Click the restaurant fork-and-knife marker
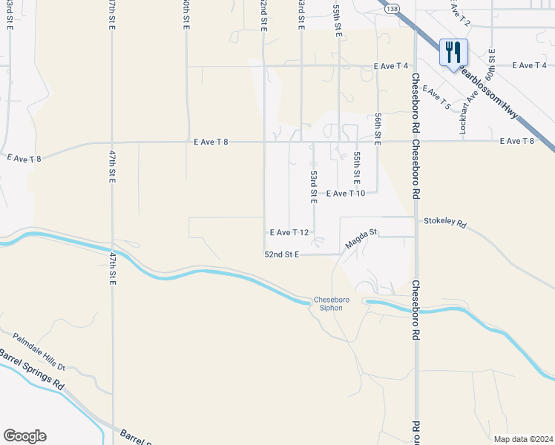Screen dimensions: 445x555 pos(453,53)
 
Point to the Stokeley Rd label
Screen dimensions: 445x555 pos(445,222)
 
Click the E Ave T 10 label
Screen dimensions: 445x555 pos(346,194)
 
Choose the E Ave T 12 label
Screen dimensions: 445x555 pos(289,232)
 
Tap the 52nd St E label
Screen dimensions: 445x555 pos(282,254)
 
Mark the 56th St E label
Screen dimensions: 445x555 pos(378,129)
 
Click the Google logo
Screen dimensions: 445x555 pos(24,436)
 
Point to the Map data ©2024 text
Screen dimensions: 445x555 pos(522,439)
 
